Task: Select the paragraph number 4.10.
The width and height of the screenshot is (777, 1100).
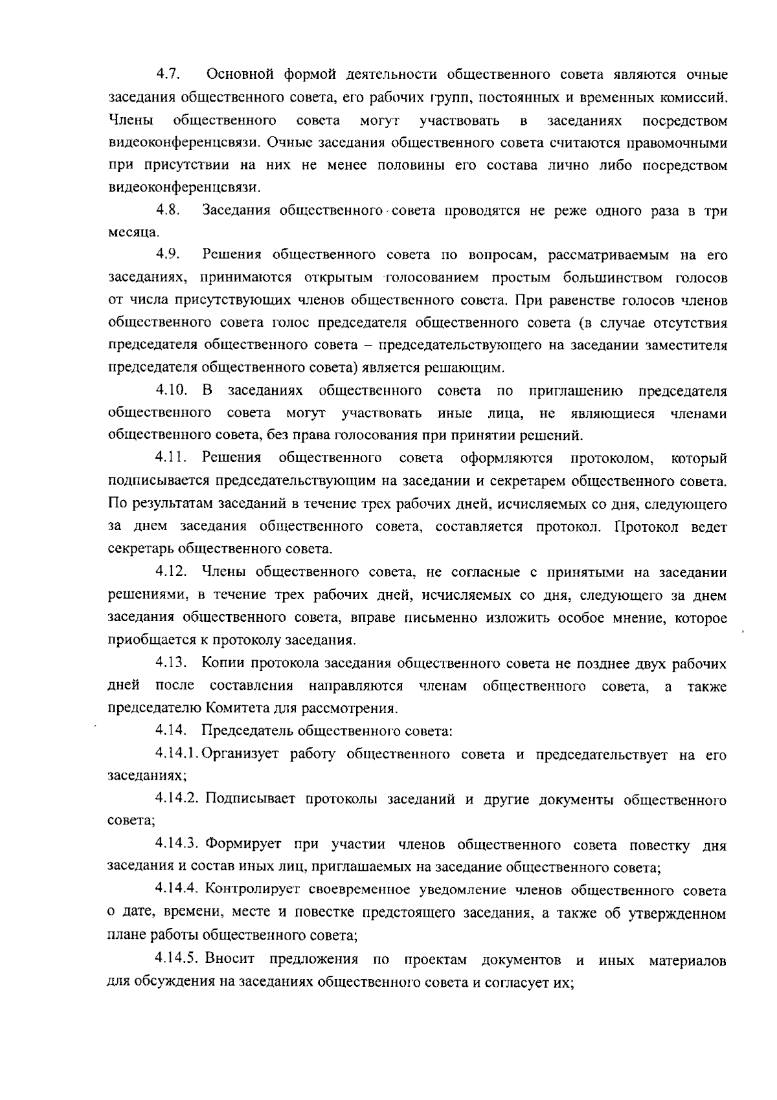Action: point(171,391)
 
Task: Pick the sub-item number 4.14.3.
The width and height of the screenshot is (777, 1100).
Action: point(178,844)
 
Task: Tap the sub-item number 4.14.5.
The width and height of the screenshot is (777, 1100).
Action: point(178,960)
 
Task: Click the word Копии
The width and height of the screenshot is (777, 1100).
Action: point(223,663)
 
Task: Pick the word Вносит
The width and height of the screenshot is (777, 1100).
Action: point(231,960)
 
